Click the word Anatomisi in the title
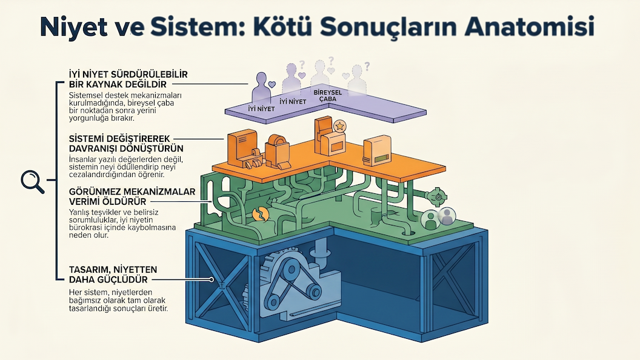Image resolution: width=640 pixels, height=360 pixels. point(529,27)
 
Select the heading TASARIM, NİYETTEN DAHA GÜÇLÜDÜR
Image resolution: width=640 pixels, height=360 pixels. point(113,275)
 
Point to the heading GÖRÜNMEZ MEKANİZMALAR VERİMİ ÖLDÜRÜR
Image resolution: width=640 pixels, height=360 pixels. point(132,197)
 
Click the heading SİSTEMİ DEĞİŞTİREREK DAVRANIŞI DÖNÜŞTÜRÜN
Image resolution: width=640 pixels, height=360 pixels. point(126,144)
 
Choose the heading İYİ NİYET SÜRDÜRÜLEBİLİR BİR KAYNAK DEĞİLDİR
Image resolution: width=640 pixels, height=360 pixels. point(128,79)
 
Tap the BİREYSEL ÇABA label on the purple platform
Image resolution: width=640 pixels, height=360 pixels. point(328,96)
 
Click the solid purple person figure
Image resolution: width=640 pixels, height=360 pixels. point(261,87)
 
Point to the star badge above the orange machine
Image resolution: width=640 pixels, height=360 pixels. point(339,126)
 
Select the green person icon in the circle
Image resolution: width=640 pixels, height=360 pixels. point(430,219)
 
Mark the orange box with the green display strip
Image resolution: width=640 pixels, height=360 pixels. point(377,151)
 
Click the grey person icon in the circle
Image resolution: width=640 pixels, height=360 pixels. point(447,216)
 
